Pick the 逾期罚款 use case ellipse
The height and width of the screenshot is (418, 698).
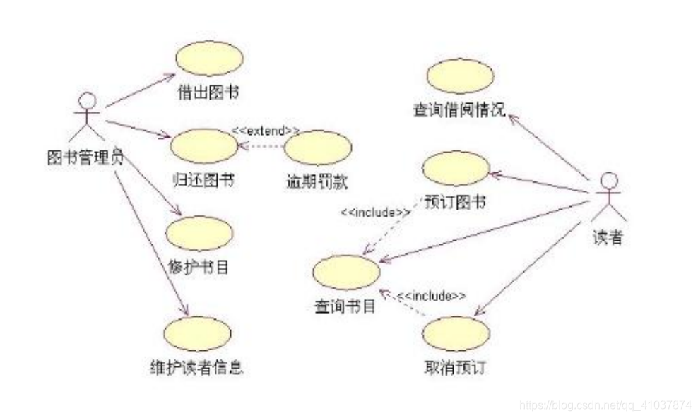pyautogui.click(x=317, y=147)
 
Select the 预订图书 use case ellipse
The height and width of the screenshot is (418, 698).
pyautogui.click(x=456, y=168)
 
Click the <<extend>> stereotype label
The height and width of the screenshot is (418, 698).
pyautogui.click(x=266, y=131)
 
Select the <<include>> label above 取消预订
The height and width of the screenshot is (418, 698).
pyautogui.click(x=431, y=297)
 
